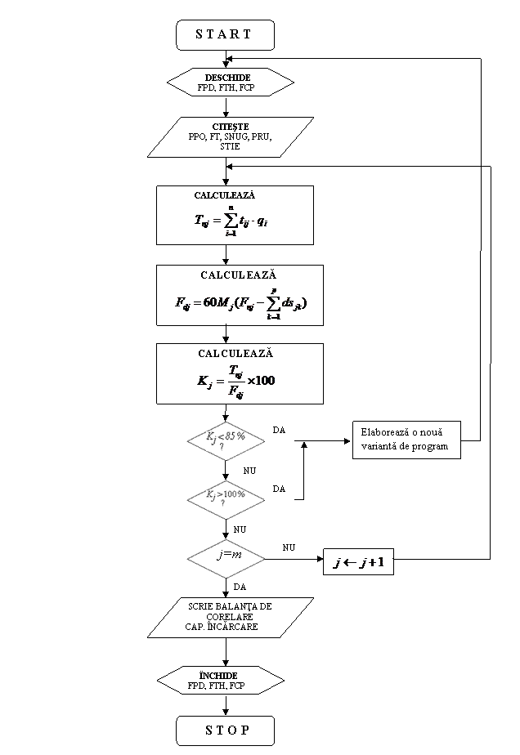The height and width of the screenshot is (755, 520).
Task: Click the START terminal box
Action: [x=225, y=34]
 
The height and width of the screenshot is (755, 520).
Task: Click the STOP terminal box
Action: [x=225, y=730]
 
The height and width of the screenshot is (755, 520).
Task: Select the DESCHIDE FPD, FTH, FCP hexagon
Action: [x=230, y=83]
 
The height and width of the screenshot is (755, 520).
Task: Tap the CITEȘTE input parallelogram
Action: [x=230, y=136]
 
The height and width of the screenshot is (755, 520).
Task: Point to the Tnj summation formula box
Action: [x=235, y=215]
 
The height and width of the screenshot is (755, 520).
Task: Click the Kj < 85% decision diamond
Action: [x=226, y=441]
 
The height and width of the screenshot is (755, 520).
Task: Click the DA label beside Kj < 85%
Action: [x=279, y=431]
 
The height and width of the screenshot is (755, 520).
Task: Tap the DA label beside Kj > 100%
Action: [x=279, y=489]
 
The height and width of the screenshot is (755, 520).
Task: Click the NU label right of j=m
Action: [x=289, y=548]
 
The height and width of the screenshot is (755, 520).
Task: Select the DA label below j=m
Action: [x=240, y=587]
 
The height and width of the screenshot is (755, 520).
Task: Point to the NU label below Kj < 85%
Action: [x=249, y=471]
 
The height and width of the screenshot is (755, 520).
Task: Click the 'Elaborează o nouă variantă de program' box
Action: [x=406, y=440]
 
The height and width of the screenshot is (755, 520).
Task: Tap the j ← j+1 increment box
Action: [x=358, y=563]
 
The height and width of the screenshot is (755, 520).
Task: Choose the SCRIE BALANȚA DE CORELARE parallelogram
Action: [x=230, y=617]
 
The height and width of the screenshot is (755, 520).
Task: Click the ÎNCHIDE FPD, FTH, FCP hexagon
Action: [x=219, y=681]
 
